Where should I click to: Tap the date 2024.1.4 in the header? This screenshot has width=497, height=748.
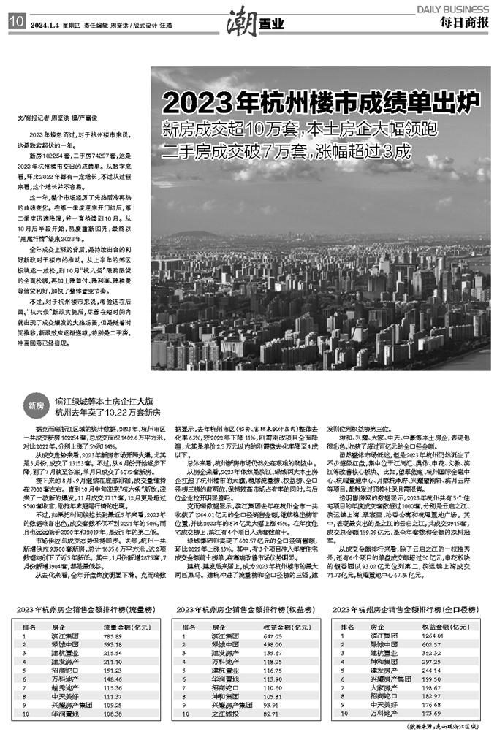pyautogui.click(x=47, y=21)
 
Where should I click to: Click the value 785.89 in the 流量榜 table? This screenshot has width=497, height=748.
pyautogui.click(x=113, y=636)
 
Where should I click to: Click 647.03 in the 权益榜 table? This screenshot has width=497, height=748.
pyautogui.click(x=273, y=636)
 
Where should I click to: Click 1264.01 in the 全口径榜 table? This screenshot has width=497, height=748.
pyautogui.click(x=434, y=636)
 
